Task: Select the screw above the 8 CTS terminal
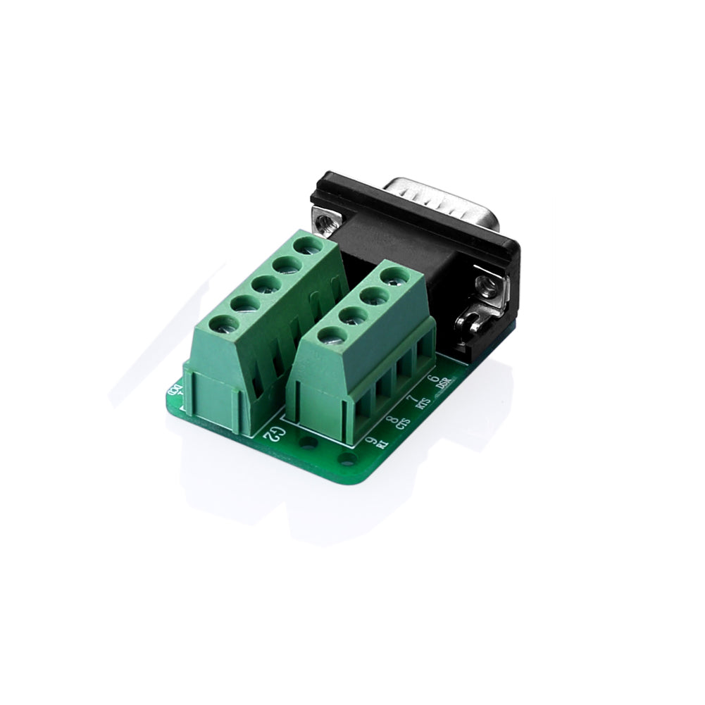351,316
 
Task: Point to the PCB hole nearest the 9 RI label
346,461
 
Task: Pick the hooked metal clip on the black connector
470,324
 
